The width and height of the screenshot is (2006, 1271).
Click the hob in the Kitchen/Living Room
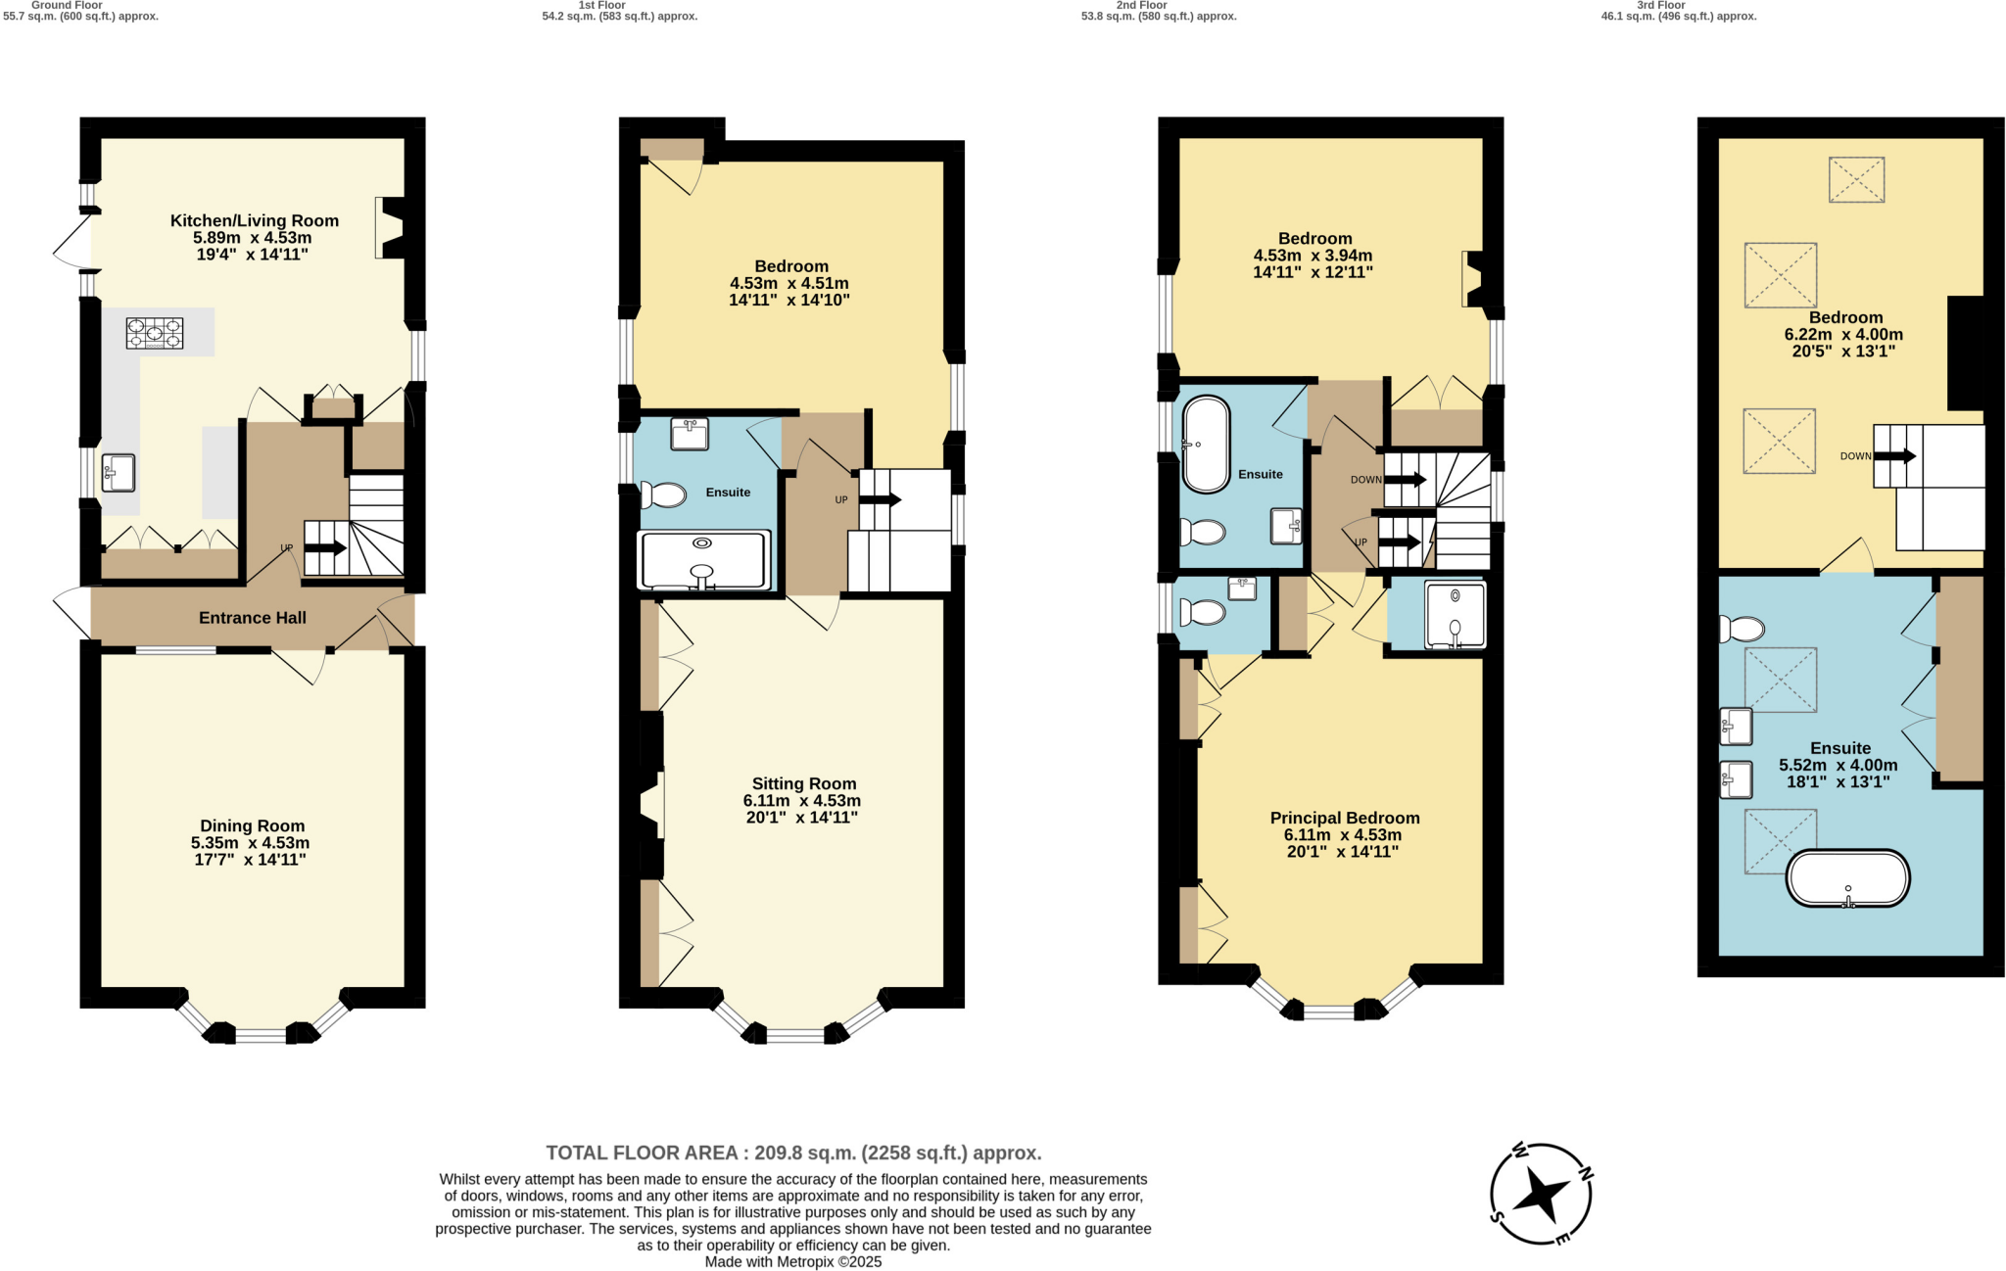pos(155,333)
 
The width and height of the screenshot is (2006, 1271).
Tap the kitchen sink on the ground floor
pos(119,473)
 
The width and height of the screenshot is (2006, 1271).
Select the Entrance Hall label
pos(253,618)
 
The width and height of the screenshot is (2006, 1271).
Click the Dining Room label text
pos(253,825)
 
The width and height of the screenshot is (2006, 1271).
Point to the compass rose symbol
pos(1541,1194)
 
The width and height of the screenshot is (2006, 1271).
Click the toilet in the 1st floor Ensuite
pos(664,494)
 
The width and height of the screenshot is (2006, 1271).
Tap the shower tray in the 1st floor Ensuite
pos(703,560)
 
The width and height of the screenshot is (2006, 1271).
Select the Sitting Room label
pos(804,783)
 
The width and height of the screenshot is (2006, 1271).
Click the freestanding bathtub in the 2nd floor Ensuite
pos(1206,445)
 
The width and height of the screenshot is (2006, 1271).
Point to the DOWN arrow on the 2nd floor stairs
pos(1405,480)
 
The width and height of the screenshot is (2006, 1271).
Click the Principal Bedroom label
pos(1344,818)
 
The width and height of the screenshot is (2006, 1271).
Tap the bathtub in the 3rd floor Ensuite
pos(1847,878)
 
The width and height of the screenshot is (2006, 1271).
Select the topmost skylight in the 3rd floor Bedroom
pos(1856,180)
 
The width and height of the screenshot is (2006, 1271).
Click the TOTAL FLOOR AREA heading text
pos(793,1153)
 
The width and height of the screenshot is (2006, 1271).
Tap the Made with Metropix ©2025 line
pos(793,1262)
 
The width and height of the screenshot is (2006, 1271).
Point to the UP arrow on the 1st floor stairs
pos(879,499)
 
